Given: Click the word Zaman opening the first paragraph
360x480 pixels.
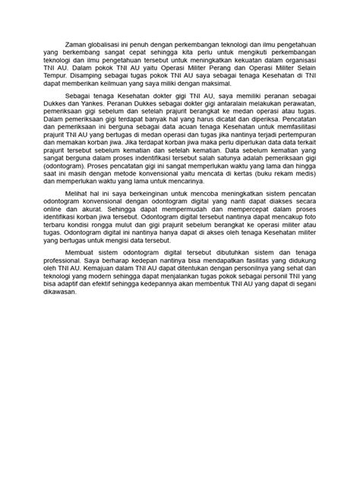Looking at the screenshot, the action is (78, 46).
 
